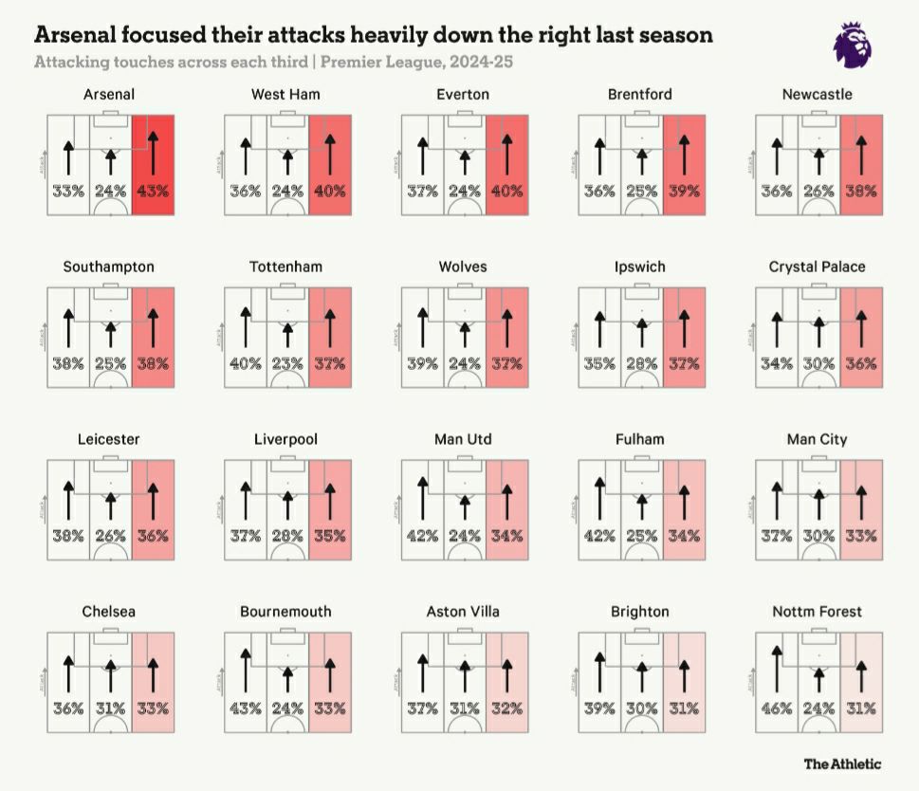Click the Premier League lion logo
[x=854, y=44]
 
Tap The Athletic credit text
[x=842, y=763]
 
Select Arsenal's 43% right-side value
[x=153, y=190]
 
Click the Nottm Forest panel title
[x=817, y=612]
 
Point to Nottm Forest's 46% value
[x=776, y=708]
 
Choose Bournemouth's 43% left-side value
[x=246, y=708]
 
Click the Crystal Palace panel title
[x=817, y=267]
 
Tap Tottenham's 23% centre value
[x=287, y=362]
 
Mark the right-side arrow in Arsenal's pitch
[x=153, y=152]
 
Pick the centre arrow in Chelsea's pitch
[x=110, y=675]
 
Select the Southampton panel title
[x=108, y=267]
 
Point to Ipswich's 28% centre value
[x=641, y=362]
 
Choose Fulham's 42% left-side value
[x=599, y=535]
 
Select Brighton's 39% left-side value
[x=599, y=708]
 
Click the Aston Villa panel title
[x=463, y=612]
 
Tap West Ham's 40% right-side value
[x=330, y=190]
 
